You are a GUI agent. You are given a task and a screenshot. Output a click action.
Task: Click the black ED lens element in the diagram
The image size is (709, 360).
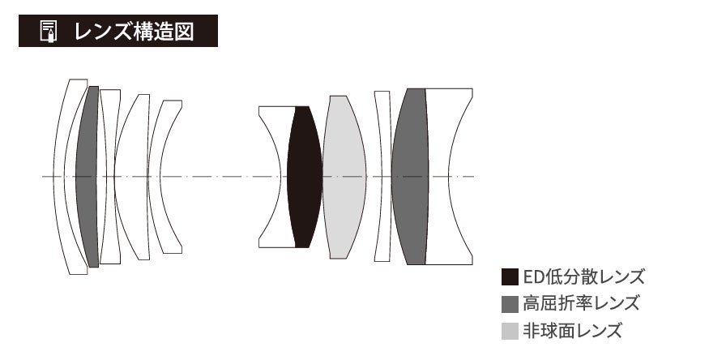(x=305, y=177)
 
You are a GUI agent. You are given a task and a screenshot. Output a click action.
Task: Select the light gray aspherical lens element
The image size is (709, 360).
(x=344, y=177)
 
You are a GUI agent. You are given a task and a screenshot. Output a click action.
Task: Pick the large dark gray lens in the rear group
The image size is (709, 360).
(x=410, y=177)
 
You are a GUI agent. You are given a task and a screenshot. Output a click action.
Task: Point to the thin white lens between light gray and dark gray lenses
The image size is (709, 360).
(x=383, y=177)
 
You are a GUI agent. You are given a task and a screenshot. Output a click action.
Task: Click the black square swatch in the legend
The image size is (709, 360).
(x=510, y=276)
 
